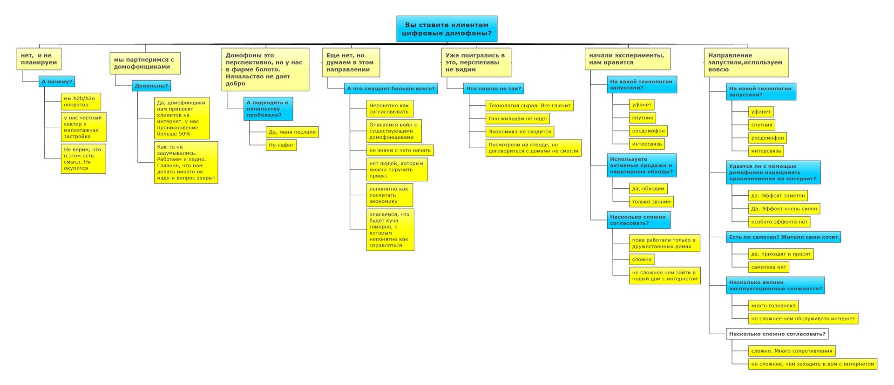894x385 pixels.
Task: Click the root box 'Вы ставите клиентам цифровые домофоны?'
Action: coord(447,29)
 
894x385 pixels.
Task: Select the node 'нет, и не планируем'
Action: coord(39,59)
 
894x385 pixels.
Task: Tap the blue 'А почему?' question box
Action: coord(57,82)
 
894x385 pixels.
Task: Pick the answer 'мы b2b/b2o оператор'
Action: coord(81,102)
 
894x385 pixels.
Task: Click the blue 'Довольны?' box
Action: coord(151,86)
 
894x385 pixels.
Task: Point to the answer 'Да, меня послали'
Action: coord(292,132)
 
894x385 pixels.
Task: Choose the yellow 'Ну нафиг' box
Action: coord(281,145)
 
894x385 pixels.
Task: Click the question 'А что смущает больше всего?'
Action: coord(391,89)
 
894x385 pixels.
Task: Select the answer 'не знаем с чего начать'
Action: coord(400,150)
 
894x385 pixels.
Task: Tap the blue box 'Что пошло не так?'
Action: coord(494,89)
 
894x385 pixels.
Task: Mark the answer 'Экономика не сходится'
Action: coord(520,131)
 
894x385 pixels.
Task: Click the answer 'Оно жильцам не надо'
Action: coord(517,118)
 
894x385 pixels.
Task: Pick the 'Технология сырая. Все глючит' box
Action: coord(529,105)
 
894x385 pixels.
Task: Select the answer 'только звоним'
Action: coord(651,202)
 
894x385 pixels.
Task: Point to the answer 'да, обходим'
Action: coord(648,189)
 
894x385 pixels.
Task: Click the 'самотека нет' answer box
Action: coord(769,267)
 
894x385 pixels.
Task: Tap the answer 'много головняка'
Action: coord(773,306)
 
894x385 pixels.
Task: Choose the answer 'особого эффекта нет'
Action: coord(779,222)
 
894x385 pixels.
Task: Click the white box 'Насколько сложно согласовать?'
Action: coord(777,334)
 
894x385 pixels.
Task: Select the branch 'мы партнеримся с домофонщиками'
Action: coord(145,63)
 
